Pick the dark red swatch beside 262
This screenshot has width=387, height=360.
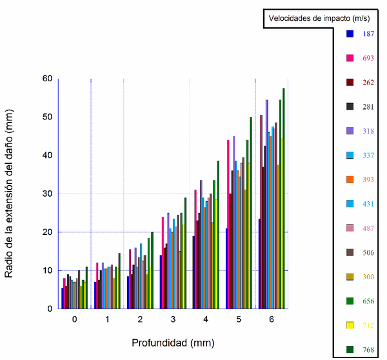(350, 82)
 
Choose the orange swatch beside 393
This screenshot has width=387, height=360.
(350, 179)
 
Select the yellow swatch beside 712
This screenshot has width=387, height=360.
(350, 325)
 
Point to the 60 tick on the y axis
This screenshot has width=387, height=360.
(47, 79)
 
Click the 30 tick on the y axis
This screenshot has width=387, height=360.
(47, 194)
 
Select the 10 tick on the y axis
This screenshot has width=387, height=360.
(47, 270)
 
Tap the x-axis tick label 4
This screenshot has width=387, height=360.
(205, 319)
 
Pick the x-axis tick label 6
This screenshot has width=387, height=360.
(271, 319)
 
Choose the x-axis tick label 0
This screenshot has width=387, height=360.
(74, 319)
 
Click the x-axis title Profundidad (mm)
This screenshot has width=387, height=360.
(173, 342)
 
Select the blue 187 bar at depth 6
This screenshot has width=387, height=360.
(259, 264)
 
